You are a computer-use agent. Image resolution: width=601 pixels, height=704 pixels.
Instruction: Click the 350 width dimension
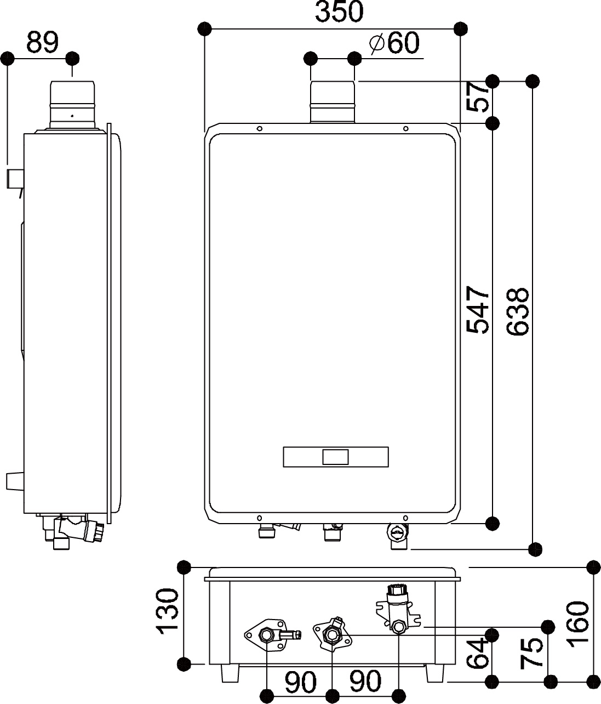pyautogui.click(x=339, y=12)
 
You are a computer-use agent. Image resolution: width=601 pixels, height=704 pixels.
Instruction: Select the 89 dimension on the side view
pyautogui.click(x=42, y=42)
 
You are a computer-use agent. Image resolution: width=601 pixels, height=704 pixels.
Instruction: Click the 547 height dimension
pyautogui.click(x=478, y=309)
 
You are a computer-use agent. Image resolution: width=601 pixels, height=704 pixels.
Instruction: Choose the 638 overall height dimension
pyautogui.click(x=517, y=311)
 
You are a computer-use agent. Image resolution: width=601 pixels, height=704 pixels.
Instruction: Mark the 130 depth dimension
pyautogui.click(x=168, y=612)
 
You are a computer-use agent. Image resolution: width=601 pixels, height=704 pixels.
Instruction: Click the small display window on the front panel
pyautogui.click(x=335, y=457)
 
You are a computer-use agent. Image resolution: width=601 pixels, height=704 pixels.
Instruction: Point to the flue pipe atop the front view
pyautogui.click(x=333, y=102)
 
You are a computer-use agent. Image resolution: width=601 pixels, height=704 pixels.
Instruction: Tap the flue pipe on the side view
pyautogui.click(x=73, y=104)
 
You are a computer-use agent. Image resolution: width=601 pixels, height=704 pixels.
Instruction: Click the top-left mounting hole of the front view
pyautogui.click(x=260, y=129)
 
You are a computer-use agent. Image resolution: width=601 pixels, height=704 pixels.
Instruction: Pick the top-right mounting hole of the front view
pyautogui.click(x=405, y=129)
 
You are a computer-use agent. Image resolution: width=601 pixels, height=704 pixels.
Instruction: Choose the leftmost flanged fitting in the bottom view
pyautogui.click(x=267, y=635)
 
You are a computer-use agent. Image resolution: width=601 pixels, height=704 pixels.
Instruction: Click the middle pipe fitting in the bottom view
pyautogui.click(x=332, y=635)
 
